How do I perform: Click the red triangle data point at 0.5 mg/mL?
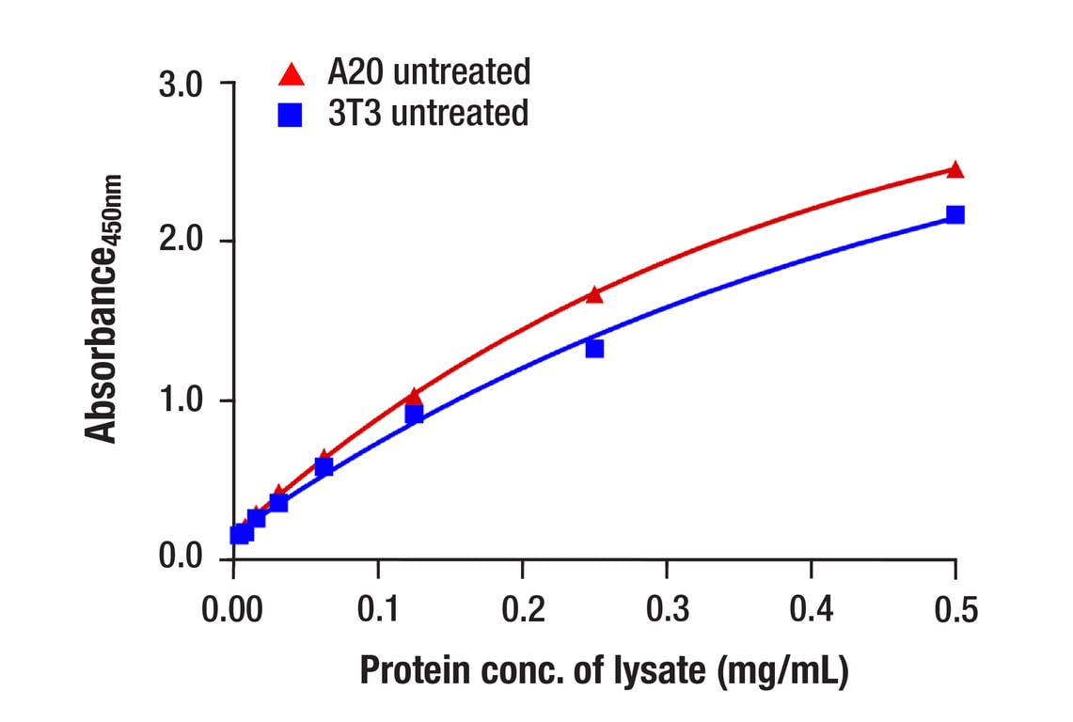click(x=955, y=170)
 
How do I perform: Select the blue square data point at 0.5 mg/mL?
click(x=955, y=214)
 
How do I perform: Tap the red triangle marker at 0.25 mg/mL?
click(x=594, y=295)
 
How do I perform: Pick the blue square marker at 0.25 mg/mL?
click(x=594, y=349)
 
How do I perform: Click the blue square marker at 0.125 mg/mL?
click(x=414, y=415)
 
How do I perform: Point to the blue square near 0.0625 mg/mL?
click(x=323, y=467)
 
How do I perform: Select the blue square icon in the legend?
click(x=292, y=116)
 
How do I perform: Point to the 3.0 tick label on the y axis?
click(x=181, y=85)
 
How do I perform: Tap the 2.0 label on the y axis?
click(x=181, y=242)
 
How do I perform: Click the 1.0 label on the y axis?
click(x=181, y=400)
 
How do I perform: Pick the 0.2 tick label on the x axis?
click(x=522, y=611)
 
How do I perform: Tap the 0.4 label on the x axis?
click(x=811, y=611)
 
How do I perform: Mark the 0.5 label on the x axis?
click(x=955, y=611)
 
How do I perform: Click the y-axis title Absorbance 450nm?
click(x=103, y=308)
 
